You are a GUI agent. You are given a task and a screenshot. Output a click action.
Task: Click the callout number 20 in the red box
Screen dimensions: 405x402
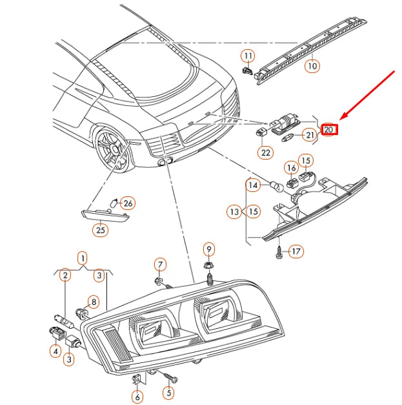pyautogui.click(x=329, y=129)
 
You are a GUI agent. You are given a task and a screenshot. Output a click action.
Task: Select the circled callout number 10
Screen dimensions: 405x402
pyautogui.click(x=312, y=65)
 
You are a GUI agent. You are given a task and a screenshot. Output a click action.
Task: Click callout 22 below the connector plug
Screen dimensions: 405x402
pyautogui.click(x=265, y=153)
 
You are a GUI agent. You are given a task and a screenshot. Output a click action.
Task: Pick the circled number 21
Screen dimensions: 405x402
pyautogui.click(x=310, y=135)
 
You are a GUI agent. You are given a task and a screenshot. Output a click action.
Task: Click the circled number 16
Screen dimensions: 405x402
pyautogui.click(x=291, y=167)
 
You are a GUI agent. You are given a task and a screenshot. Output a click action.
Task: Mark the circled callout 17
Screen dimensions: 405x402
pyautogui.click(x=296, y=251)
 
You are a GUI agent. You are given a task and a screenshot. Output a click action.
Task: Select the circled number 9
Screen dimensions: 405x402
pyautogui.click(x=208, y=249)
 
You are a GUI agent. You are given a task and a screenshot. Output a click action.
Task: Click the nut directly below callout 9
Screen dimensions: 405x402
pyautogui.click(x=208, y=266)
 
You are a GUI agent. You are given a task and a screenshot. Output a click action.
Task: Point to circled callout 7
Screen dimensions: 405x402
pyautogui.click(x=160, y=264)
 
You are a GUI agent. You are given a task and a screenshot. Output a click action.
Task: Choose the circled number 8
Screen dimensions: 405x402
pyautogui.click(x=93, y=301)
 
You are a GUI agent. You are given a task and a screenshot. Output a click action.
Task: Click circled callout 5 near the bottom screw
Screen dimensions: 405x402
pyautogui.click(x=169, y=391)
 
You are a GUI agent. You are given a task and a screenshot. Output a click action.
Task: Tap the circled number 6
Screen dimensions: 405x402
pyautogui.click(x=137, y=396)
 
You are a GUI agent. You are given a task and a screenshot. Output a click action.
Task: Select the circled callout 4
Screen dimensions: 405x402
pyautogui.click(x=55, y=351)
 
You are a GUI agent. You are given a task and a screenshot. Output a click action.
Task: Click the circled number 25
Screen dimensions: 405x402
pyautogui.click(x=100, y=229)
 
